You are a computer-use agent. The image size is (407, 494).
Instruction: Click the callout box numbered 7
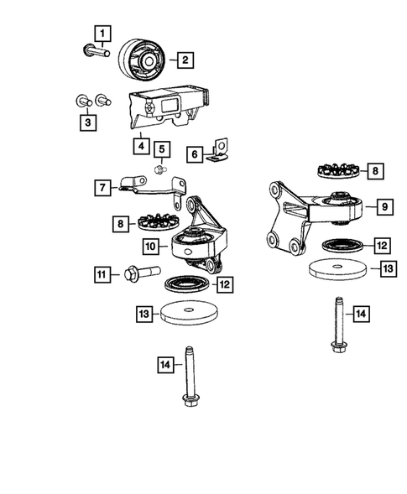tap(102, 187)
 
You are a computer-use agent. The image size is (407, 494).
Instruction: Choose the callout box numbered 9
tap(384, 205)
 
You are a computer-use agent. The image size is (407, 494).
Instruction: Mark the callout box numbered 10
tap(150, 247)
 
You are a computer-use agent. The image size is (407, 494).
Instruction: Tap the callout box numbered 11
tap(102, 274)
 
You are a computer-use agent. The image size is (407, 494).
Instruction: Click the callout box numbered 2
tap(182, 59)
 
